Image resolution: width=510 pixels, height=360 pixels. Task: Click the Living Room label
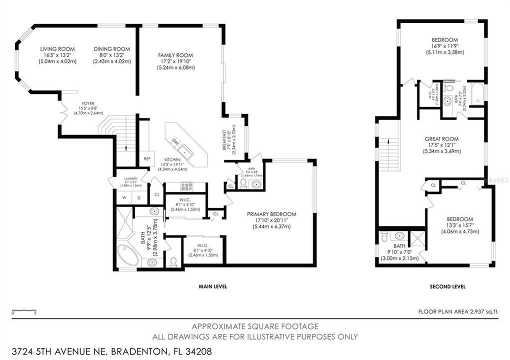tap(57, 49)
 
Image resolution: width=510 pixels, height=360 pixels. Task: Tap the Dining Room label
tap(111, 49)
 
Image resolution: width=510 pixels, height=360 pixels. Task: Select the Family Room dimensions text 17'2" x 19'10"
tap(175, 61)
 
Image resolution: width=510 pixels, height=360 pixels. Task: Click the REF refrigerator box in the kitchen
tap(147, 158)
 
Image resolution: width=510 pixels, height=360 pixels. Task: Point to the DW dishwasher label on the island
tap(175, 141)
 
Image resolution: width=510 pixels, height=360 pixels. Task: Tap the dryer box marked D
tap(139, 198)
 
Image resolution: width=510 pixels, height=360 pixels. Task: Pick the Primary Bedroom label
tap(271, 214)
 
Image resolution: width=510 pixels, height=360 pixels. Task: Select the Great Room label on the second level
tap(441, 139)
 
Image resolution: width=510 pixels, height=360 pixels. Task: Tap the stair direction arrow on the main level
tap(124, 146)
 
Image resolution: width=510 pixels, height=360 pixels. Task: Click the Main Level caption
tap(212, 286)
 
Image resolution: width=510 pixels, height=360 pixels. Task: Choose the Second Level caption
tap(447, 286)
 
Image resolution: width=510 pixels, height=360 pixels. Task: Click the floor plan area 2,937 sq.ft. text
tap(458, 311)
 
